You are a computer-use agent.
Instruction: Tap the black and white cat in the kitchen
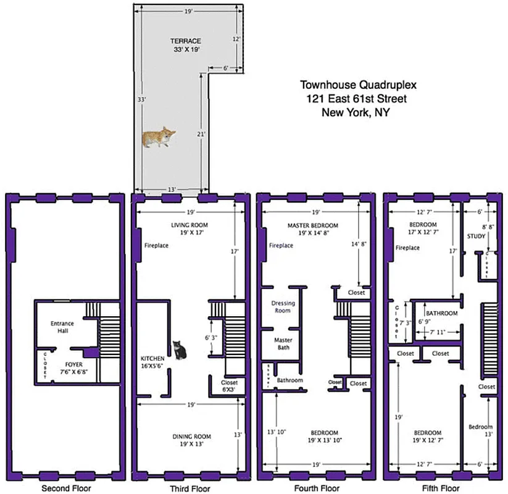click(179, 350)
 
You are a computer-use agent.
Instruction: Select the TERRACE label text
click(186, 41)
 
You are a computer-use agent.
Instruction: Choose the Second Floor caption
click(66, 488)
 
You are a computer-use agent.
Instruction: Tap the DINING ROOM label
click(191, 437)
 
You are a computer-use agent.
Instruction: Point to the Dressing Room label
click(283, 307)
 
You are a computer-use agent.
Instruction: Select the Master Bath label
click(283, 343)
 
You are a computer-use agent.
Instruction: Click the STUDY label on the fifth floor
click(476, 237)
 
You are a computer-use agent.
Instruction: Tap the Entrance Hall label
click(63, 327)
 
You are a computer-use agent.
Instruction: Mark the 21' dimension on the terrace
click(201, 133)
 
